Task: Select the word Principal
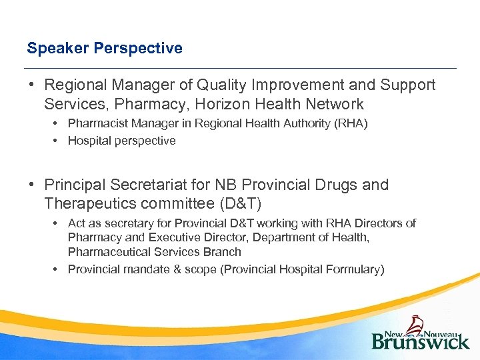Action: [74, 185]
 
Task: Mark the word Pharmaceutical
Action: [108, 252]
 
